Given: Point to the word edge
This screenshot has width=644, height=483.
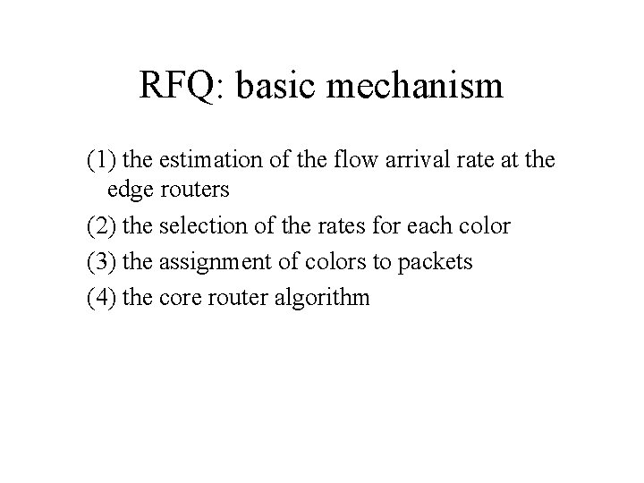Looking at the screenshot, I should tap(130, 191).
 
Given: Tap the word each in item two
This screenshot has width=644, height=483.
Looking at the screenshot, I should tap(433, 225).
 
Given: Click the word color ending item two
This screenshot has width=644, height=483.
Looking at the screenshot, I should tap(486, 225).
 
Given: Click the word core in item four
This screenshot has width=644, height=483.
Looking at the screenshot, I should tap(178, 297).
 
